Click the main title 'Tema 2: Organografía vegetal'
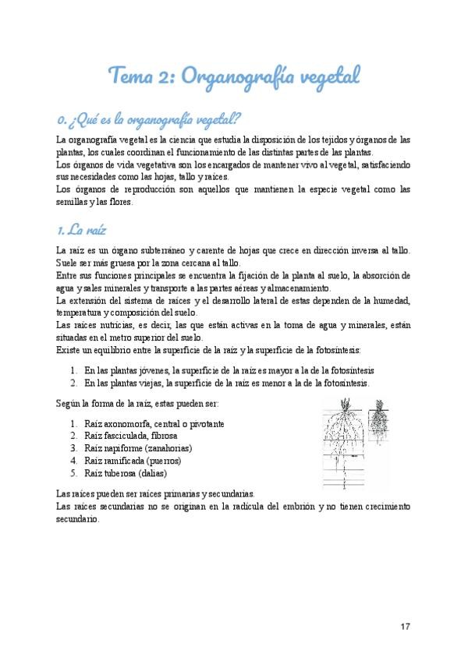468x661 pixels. pos(234,76)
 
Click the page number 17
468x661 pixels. pos(405,626)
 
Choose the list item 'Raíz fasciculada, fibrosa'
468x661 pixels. pos(131,436)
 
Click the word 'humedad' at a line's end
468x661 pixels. pos(392,300)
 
